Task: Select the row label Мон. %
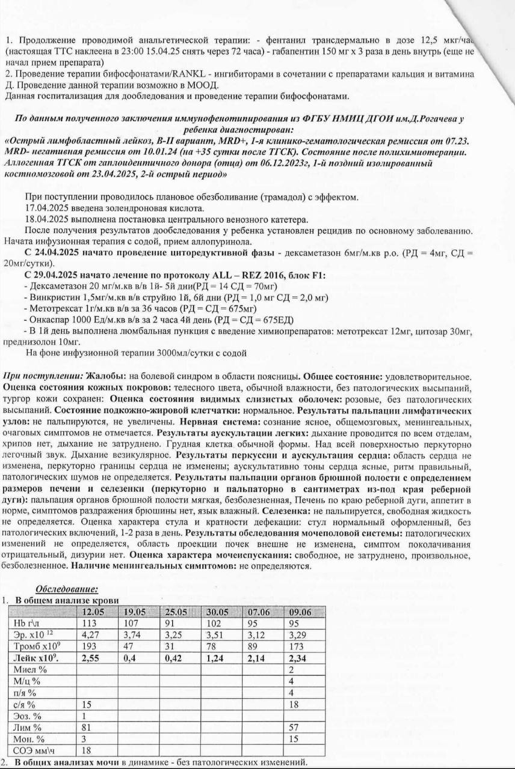[x=28, y=738]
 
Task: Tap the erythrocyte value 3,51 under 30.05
[x=215, y=634]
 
